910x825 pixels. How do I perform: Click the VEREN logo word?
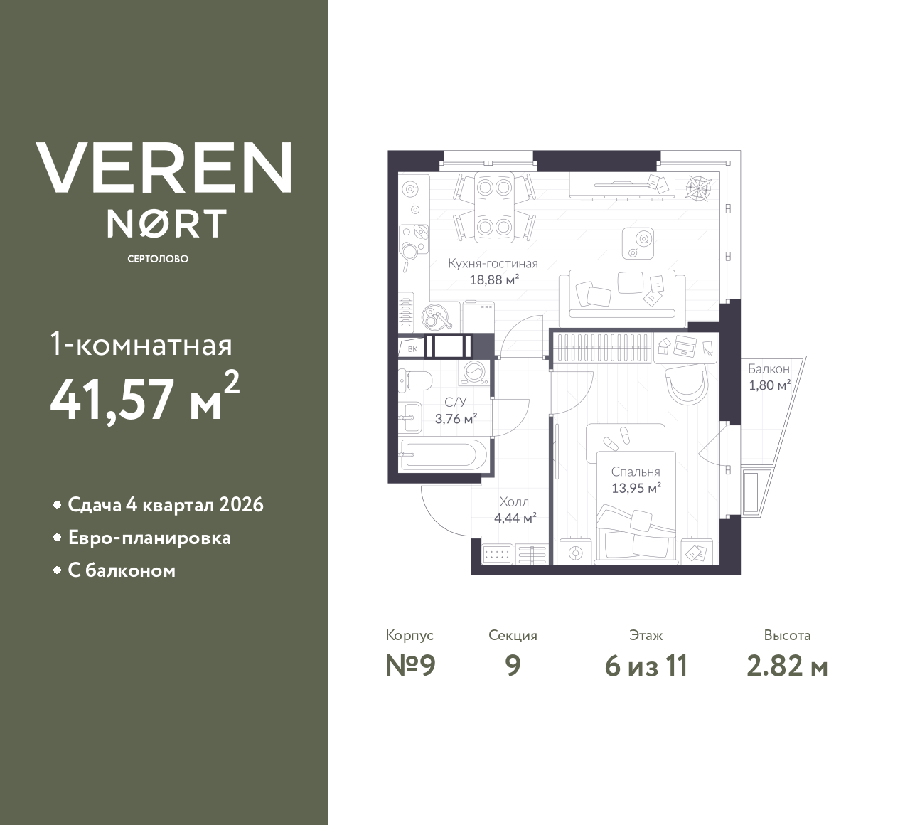point(164,167)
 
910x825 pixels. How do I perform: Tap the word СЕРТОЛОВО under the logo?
point(158,259)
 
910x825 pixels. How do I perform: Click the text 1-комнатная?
point(141,346)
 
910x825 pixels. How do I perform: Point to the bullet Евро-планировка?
point(149,538)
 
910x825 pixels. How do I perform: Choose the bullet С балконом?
point(122,570)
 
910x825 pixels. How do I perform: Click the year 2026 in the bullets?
point(241,505)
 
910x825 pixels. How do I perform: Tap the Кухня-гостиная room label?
point(493,263)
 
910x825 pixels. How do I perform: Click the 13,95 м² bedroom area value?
point(636,488)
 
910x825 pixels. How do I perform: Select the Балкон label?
point(769,369)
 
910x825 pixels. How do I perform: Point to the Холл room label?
point(514,501)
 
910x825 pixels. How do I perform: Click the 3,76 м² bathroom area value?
point(456,419)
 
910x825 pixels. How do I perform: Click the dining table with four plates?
point(494,206)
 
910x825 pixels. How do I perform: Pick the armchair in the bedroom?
point(687,384)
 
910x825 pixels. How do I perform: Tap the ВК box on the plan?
point(413,348)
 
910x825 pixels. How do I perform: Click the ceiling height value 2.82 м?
point(787,666)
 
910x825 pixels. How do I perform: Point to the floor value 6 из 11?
point(646,666)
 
